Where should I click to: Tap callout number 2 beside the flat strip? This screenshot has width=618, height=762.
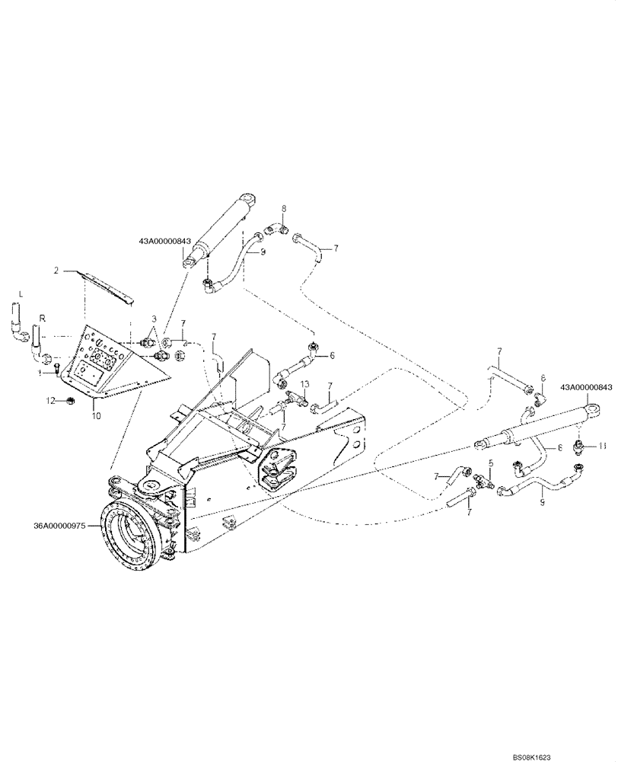click(56, 270)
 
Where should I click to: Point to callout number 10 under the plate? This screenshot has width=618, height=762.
click(96, 415)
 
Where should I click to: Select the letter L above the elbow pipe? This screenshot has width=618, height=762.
click(21, 293)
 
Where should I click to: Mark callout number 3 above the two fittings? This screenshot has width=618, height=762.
click(154, 318)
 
